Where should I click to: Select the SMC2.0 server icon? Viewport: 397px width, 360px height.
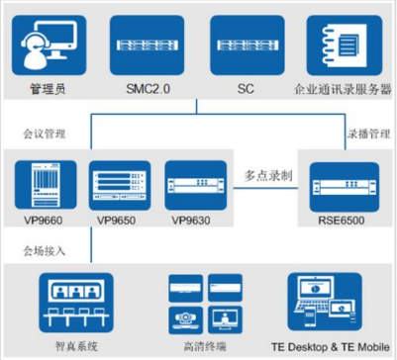149,45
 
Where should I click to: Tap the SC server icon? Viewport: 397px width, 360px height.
246,45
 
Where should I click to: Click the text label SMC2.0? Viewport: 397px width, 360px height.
149,89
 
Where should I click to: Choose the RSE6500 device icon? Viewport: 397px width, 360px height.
342,183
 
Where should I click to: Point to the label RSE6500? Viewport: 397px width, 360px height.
342,220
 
